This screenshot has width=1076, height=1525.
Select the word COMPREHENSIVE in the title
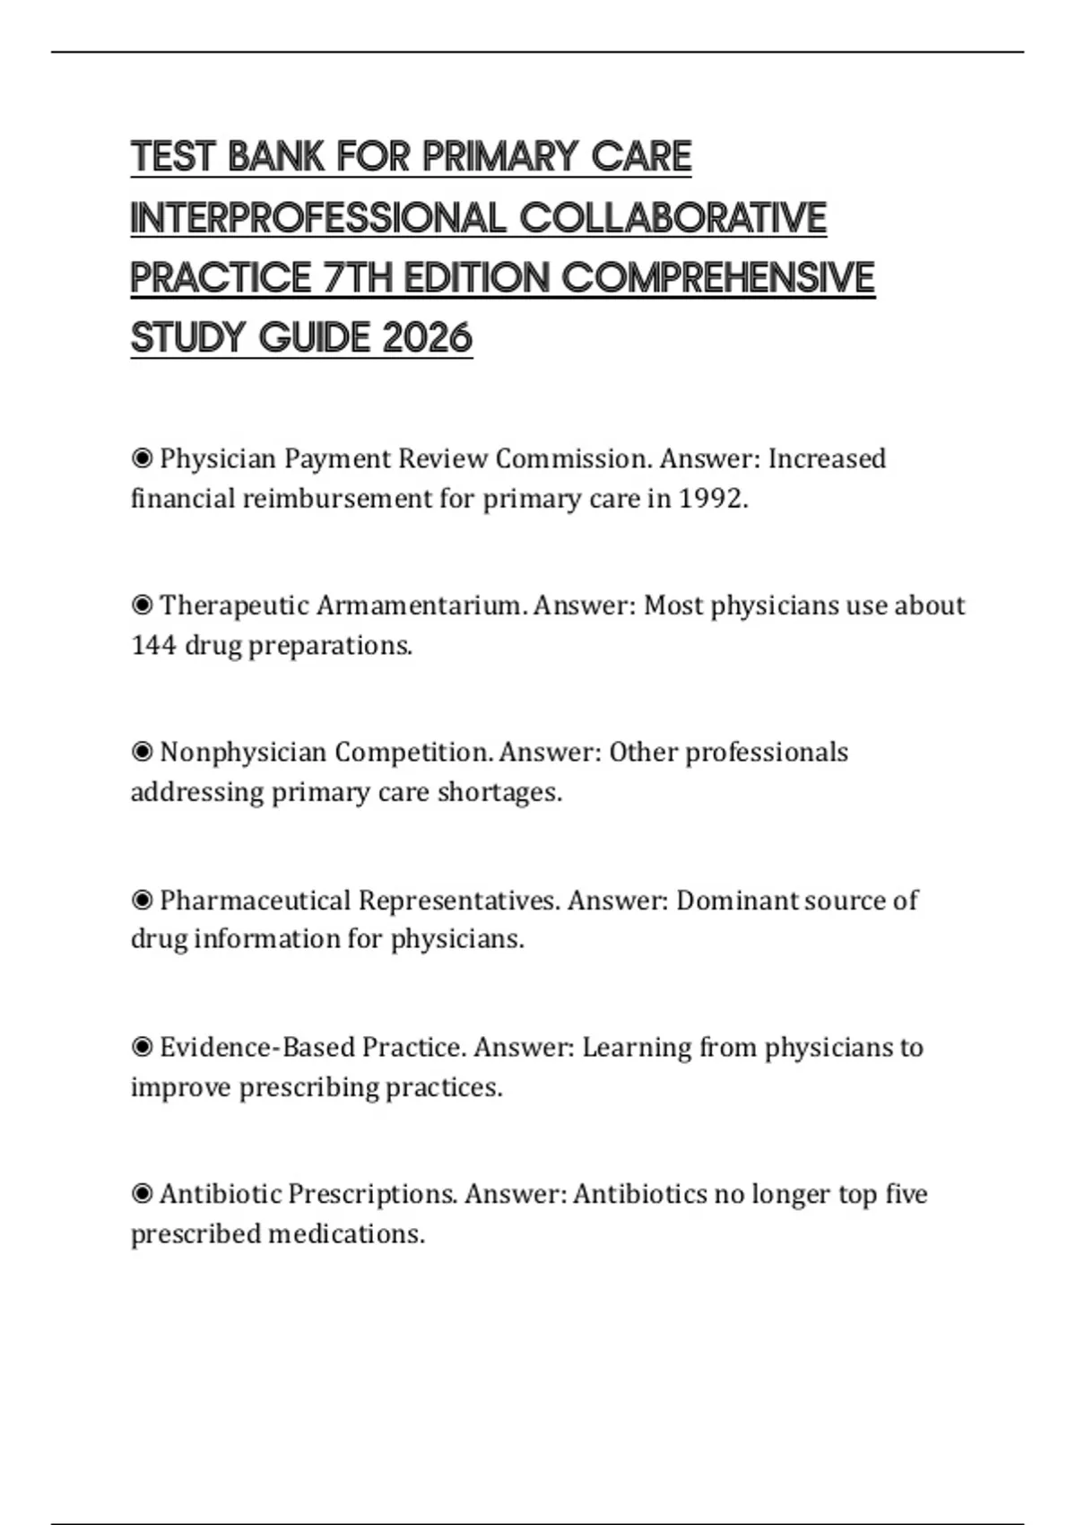coord(717,277)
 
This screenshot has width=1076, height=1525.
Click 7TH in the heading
coord(357,277)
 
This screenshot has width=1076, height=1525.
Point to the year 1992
coord(712,498)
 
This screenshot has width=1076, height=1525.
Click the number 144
coord(153,645)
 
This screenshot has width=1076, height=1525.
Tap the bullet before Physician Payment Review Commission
coord(142,459)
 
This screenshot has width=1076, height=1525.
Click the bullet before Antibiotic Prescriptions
coord(142,1194)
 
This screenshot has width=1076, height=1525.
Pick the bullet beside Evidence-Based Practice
coord(142,1047)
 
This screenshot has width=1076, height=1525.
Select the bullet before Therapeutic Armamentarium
coord(142,606)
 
